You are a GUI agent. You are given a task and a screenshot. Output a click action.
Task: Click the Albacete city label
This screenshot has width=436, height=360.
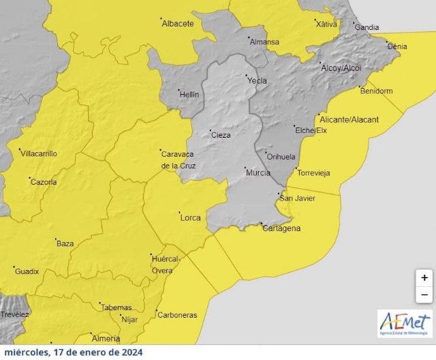coord(177,24)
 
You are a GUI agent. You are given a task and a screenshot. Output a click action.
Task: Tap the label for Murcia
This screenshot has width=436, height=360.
coord(258,173)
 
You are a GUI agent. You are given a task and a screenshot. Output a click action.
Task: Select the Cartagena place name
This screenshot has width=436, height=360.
coord(281,228)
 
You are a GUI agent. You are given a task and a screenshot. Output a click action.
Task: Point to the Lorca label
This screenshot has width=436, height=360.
coord(189,218)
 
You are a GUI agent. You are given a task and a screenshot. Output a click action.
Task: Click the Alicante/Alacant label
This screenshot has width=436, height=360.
coord(349,119)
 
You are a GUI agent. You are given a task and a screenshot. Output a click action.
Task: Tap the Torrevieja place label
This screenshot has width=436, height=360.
coord(313,173)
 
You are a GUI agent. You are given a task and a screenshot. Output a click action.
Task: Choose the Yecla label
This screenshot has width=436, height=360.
coord(257,80)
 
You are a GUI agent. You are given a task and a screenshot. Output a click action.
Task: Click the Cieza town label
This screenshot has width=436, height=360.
coord(220,135)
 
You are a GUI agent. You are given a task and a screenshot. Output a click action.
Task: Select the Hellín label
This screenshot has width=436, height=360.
coord(189,95)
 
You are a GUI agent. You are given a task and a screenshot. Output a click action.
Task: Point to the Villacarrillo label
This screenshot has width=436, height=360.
coord(39,154)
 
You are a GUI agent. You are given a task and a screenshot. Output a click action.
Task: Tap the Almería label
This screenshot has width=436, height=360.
coord(106,338)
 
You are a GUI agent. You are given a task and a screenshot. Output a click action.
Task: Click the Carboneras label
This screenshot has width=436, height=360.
coord(176,315)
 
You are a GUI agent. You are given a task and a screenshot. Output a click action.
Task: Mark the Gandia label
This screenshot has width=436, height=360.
coord(367,27)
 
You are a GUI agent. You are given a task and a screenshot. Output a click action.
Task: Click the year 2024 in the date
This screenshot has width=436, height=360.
coord(129,352)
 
